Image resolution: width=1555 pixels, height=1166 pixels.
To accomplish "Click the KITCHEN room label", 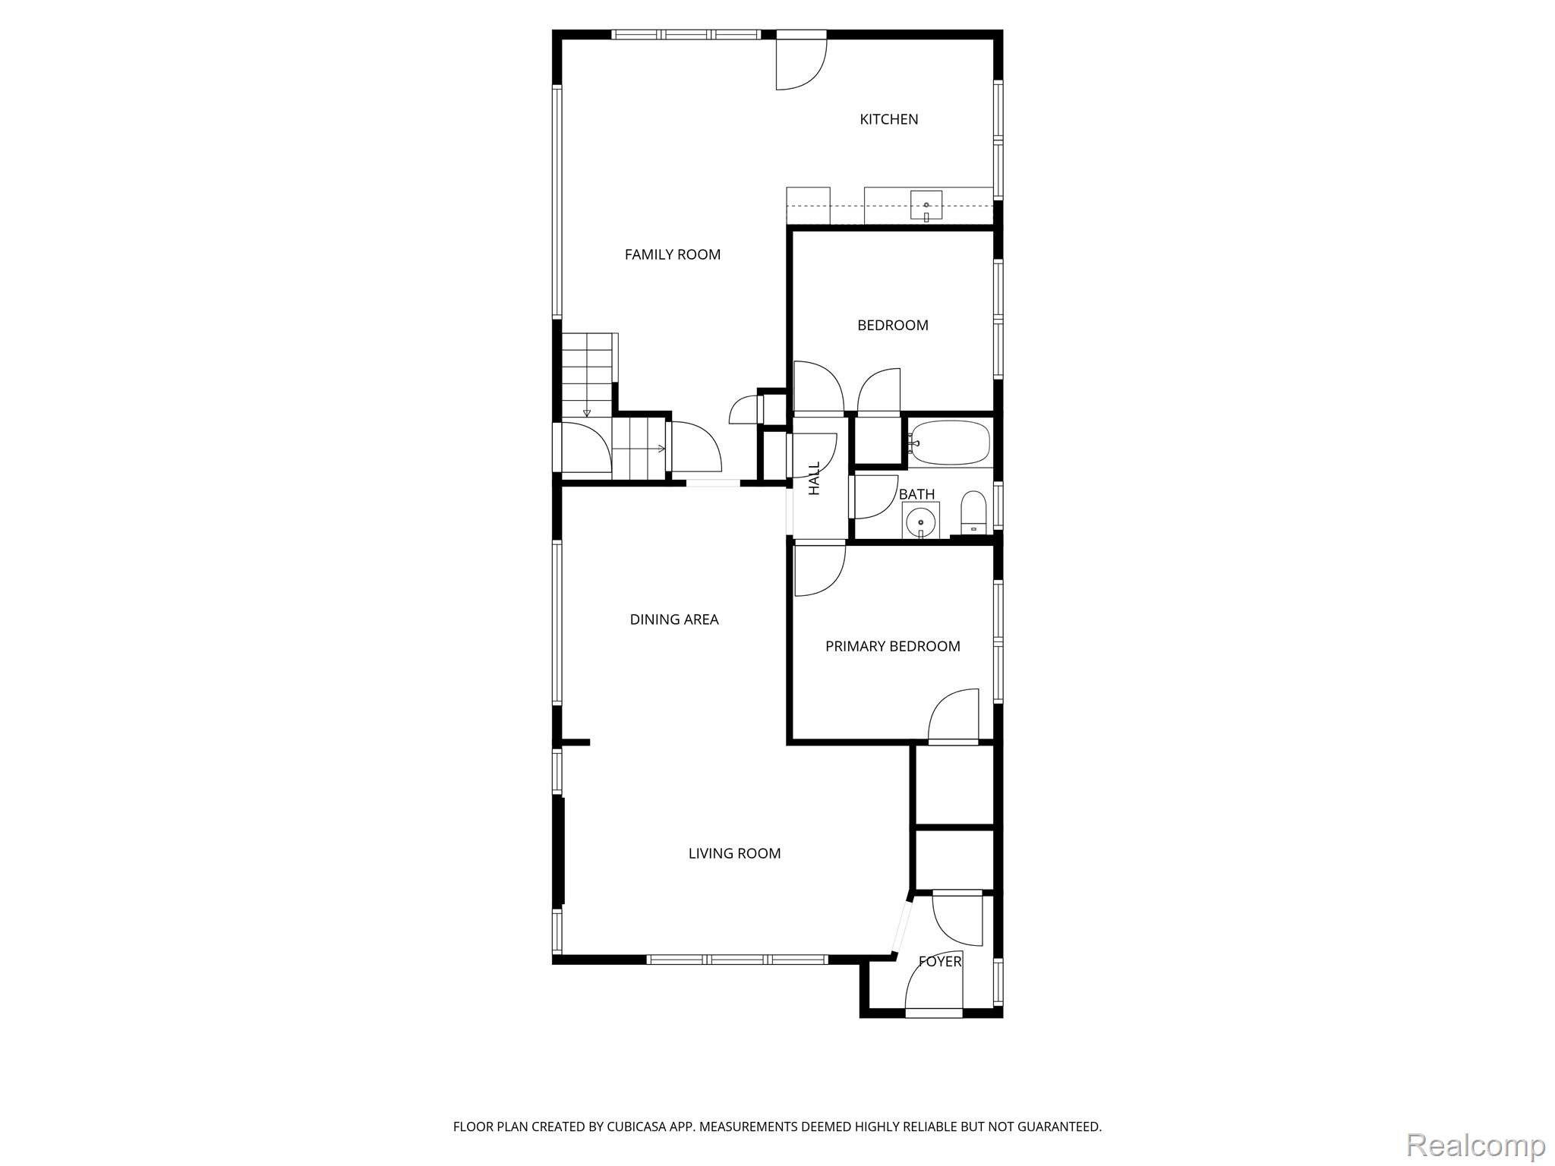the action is [888, 119].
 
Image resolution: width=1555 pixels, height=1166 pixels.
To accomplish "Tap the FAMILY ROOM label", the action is [673, 254].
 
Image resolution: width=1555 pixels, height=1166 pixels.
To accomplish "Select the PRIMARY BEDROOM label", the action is [893, 646].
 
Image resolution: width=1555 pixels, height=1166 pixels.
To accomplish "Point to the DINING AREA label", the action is [674, 619].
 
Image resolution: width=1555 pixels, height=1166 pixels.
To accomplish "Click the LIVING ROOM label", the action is [734, 853].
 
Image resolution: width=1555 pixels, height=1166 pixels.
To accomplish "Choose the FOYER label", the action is [940, 961].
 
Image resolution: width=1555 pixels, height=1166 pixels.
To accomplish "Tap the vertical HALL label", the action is [815, 478].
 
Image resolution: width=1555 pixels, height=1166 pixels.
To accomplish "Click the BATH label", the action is [916, 494].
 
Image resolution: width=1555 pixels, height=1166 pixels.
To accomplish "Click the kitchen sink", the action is [926, 206].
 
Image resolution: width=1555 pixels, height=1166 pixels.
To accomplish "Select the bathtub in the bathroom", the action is [950, 443].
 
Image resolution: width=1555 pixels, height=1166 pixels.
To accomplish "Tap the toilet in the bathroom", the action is [973, 512].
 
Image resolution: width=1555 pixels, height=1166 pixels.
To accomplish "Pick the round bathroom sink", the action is [922, 521].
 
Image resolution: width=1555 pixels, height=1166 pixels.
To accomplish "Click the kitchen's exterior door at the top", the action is [801, 61].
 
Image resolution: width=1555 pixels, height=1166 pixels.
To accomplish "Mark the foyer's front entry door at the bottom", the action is [934, 984].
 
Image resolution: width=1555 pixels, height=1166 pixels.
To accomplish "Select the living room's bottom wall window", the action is [736, 960].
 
